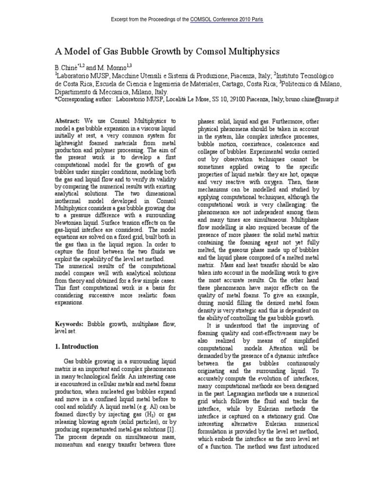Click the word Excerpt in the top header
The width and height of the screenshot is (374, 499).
pyautogui.click(x=121, y=19)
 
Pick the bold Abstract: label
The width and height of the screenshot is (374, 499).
pyautogui.click(x=68, y=120)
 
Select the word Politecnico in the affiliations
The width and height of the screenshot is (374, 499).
pyautogui.click(x=301, y=83)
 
